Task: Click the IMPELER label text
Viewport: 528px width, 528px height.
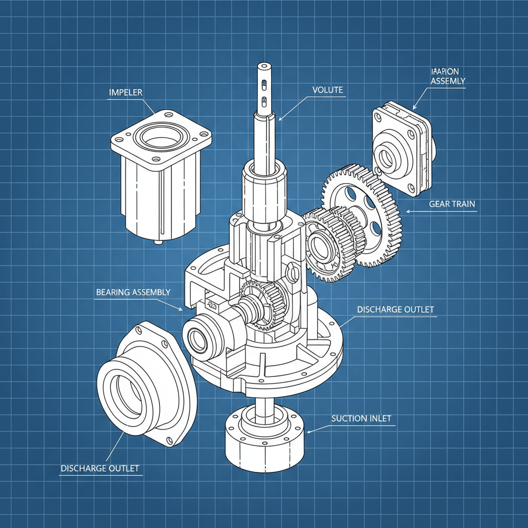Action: coord(126,93)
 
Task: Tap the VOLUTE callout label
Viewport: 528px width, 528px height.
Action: coord(327,90)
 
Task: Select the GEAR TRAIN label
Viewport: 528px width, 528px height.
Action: coord(452,204)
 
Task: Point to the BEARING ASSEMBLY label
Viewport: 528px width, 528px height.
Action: coord(133,292)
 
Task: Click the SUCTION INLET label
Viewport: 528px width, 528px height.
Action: coord(361,418)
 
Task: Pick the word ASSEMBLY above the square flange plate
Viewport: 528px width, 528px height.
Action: coord(448,81)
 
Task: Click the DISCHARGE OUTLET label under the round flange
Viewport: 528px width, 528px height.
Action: coord(100,468)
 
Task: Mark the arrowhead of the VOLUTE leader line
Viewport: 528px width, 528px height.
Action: coord(280,120)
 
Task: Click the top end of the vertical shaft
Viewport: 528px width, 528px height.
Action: coord(264,66)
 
